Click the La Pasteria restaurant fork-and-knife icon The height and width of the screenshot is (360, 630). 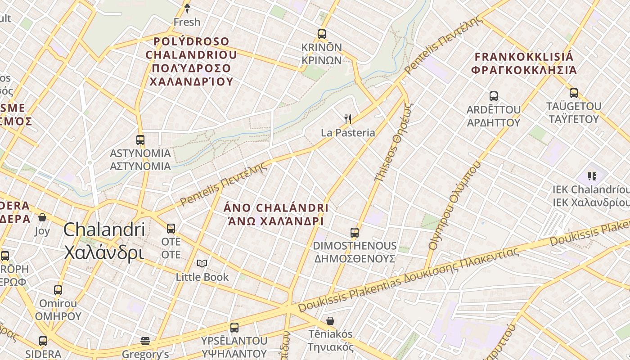[x=347, y=119]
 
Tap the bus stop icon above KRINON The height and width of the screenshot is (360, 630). [x=321, y=34]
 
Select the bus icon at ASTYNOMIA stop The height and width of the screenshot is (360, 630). [x=140, y=140]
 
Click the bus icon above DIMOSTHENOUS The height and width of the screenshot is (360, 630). [x=355, y=233]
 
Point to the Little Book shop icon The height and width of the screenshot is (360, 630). [x=202, y=263]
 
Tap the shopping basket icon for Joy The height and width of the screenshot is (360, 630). [x=42, y=218]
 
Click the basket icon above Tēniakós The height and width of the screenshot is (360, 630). [x=330, y=321]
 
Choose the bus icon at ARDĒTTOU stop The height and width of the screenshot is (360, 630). [x=493, y=96]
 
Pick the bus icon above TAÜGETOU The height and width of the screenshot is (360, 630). [x=573, y=93]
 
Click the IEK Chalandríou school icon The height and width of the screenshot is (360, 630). [x=592, y=176]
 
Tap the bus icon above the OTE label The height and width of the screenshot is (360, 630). [x=171, y=229]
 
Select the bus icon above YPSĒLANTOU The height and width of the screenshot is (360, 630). [x=234, y=327]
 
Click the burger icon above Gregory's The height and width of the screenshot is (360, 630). [x=145, y=341]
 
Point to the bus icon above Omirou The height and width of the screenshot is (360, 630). [x=58, y=290]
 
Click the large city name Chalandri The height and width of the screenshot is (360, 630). [x=104, y=229]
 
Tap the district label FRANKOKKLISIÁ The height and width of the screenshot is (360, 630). [x=524, y=57]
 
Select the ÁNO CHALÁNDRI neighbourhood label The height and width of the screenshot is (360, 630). [x=276, y=208]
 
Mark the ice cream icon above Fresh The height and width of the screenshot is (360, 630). [x=187, y=8]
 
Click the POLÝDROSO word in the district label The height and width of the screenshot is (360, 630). [x=192, y=42]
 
